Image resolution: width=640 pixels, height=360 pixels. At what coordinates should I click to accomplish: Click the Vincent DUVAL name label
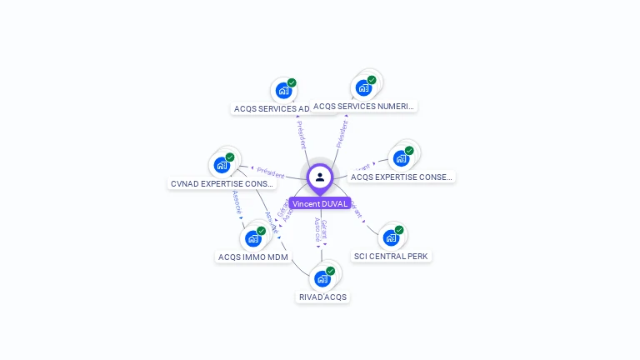[x=320, y=203]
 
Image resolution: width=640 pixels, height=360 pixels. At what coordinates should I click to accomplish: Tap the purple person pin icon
[x=320, y=177]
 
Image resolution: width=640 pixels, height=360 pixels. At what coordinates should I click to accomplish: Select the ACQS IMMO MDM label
[x=252, y=257]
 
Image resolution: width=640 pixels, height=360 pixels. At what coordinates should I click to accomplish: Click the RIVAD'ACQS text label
[x=322, y=297]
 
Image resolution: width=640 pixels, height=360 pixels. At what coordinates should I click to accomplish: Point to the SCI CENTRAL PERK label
[x=392, y=256]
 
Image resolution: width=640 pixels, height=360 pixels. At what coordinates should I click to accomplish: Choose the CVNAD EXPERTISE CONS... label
[x=222, y=183]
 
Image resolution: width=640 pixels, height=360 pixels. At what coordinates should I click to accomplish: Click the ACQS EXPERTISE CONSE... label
[x=402, y=177]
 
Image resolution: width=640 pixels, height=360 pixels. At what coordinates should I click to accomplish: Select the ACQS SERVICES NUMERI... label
[x=363, y=106]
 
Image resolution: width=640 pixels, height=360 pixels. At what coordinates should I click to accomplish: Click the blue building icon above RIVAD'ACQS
[x=322, y=278]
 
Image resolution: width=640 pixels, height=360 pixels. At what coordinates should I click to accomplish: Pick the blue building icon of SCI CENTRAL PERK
[x=390, y=237]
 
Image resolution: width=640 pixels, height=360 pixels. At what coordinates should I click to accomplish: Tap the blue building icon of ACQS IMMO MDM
[x=253, y=238]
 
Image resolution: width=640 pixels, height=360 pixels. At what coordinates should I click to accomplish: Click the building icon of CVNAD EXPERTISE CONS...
[x=222, y=165]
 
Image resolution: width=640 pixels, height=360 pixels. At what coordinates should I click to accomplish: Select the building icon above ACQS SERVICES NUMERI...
[x=363, y=87]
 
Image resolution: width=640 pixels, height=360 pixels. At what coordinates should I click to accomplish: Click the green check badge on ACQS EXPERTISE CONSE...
[x=409, y=151]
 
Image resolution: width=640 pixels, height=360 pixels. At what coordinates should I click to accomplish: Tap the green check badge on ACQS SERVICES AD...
[x=292, y=82]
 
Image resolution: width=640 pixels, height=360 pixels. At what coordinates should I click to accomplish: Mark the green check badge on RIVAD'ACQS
[x=330, y=271]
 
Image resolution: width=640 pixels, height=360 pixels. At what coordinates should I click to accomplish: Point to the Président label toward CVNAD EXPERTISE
[x=270, y=172]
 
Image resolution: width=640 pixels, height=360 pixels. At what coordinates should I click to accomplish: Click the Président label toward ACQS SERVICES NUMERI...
[x=341, y=133]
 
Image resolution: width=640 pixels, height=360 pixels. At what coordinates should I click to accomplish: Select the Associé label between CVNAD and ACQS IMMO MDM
[x=237, y=204]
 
